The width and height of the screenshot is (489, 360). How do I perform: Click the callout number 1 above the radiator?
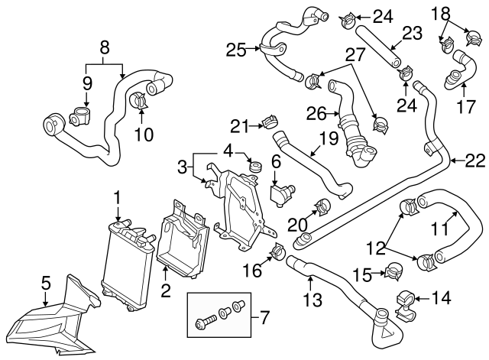point(117,197)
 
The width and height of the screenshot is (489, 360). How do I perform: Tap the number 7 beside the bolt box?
point(265,316)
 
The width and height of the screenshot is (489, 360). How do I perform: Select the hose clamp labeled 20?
point(322,206)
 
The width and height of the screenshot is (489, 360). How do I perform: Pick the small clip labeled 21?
point(269,121)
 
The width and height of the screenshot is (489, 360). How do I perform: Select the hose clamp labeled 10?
point(138,99)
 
